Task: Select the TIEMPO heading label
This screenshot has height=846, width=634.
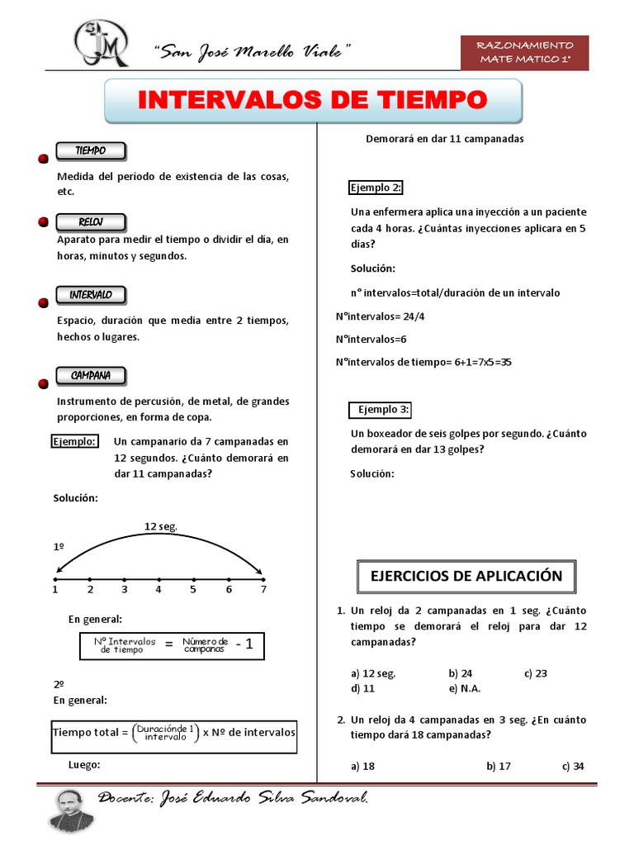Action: (90, 151)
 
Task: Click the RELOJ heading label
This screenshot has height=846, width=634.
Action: (90, 222)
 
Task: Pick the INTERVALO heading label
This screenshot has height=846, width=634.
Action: (90, 295)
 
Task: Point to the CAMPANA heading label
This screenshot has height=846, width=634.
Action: (90, 376)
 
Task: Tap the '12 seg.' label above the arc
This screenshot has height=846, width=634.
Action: (161, 525)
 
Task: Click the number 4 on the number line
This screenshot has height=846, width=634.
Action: (158, 589)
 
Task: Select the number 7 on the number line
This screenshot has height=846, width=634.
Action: (263, 589)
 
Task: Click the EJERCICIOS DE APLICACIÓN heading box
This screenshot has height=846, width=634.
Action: (466, 576)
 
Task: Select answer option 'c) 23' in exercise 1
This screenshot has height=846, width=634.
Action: (535, 673)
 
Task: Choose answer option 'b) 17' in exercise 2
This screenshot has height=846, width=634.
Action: (499, 766)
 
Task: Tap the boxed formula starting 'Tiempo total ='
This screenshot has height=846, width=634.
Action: (174, 733)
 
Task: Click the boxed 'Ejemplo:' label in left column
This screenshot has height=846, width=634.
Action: (75, 441)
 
